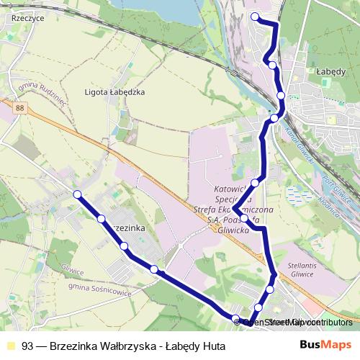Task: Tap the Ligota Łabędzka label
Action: [115, 92]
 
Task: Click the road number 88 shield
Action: [19, 108]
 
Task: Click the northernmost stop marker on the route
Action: [255, 16]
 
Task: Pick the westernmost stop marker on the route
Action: [77, 194]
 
